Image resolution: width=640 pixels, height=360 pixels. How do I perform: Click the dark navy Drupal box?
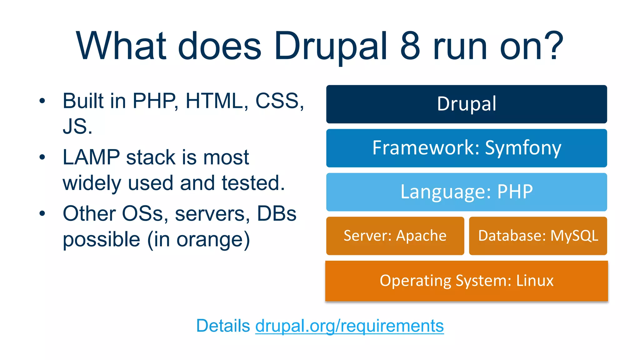tap(466, 104)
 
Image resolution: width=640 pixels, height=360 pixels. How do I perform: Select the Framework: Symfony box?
tap(466, 148)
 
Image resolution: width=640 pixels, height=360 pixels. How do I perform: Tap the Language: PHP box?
tap(466, 192)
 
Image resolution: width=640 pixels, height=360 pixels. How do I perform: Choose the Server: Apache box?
tap(395, 236)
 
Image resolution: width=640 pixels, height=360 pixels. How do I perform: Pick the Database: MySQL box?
tap(538, 236)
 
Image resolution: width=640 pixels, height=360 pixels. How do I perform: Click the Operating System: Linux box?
tap(466, 281)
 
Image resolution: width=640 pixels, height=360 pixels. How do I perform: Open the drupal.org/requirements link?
tap(349, 326)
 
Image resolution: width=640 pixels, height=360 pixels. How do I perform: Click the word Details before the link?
tap(223, 326)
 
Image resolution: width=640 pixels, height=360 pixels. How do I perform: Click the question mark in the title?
tap(553, 46)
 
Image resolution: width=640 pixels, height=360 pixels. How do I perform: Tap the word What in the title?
tap(121, 46)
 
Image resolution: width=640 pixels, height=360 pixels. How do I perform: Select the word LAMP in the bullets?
tap(91, 157)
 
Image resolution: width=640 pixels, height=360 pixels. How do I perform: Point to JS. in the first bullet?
tap(77, 127)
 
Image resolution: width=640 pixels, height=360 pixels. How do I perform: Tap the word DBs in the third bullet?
tap(276, 214)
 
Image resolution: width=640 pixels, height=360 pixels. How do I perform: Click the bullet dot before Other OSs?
tap(42, 214)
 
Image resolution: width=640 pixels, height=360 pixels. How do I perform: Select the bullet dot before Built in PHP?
tap(42, 101)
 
